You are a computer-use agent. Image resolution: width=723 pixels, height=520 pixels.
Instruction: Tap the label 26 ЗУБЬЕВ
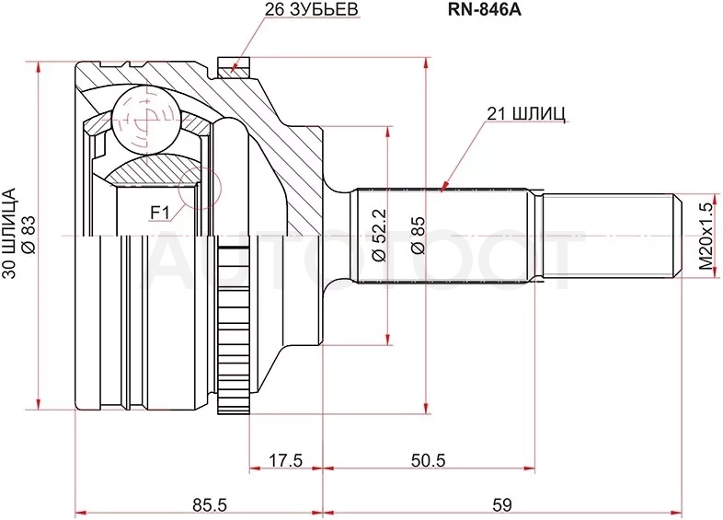point(312,10)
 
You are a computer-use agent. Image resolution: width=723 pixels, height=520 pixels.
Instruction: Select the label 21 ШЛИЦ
point(526,113)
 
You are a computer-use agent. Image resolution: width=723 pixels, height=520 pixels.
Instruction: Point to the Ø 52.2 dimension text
point(381,236)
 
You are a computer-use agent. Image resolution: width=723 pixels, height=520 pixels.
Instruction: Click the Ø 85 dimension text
point(418,236)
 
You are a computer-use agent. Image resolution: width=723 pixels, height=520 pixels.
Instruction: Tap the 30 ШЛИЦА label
point(9,233)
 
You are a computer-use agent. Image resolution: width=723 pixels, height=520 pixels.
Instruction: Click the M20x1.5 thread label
point(706,236)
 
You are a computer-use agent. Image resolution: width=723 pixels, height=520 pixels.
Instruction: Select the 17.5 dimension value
point(285,460)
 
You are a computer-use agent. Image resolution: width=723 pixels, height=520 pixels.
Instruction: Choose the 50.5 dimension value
point(429,460)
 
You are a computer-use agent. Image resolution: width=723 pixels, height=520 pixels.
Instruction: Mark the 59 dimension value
point(502,504)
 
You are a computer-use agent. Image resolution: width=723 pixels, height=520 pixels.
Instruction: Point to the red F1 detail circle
point(201,167)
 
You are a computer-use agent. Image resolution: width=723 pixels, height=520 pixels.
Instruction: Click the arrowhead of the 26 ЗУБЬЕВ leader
point(233,67)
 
